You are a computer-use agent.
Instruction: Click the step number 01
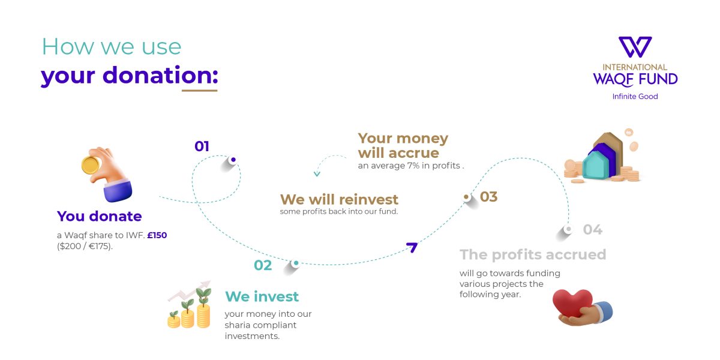[202, 146]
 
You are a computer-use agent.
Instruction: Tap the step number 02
[263, 265]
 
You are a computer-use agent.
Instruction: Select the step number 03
[489, 197]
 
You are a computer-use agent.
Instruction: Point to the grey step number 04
[592, 230]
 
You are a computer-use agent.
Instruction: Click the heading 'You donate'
[100, 216]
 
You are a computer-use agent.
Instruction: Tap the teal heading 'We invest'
[262, 296]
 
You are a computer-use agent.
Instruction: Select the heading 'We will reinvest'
[339, 199]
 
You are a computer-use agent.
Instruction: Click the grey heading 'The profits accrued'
[533, 254]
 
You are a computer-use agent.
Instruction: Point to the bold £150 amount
[157, 235]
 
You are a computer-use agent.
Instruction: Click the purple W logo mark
[635, 47]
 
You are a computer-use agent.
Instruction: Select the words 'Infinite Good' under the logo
[635, 97]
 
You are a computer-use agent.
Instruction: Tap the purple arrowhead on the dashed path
[412, 247]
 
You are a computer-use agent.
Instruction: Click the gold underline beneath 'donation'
[199, 91]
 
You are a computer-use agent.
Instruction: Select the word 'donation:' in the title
[160, 76]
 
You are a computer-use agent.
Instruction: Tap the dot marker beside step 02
[295, 263]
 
